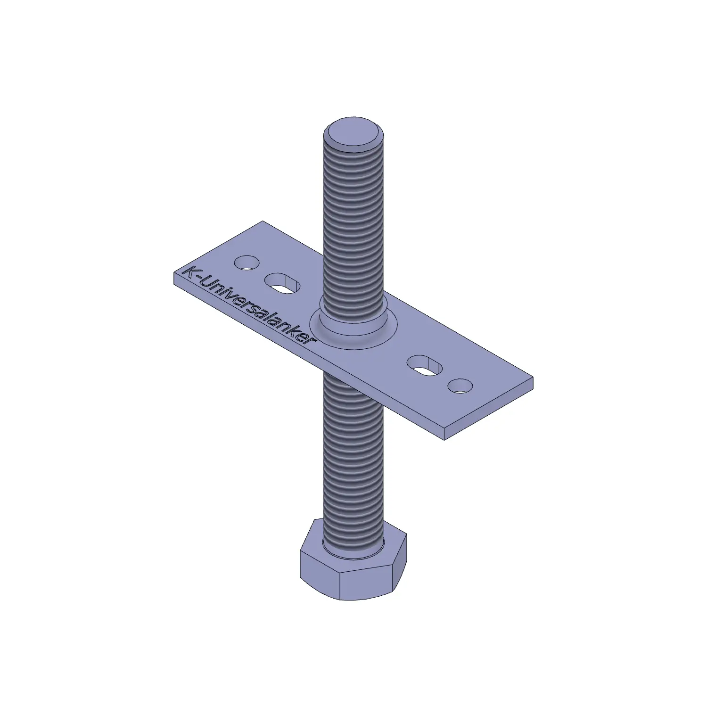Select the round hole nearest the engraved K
(x=247, y=263)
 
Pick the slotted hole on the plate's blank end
(x=425, y=365)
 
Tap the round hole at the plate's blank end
(x=460, y=386)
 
